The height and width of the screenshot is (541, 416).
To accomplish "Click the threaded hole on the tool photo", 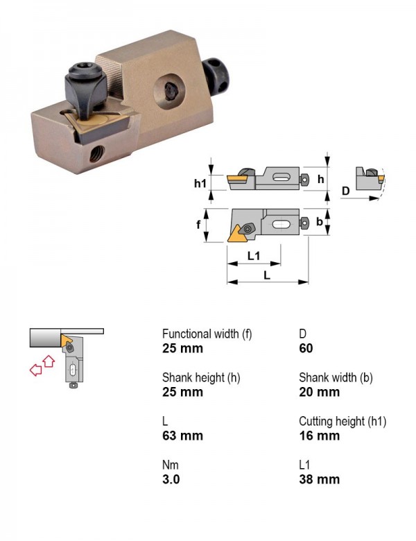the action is [x=98, y=153].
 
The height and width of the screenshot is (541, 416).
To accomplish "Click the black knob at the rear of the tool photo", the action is [x=217, y=76].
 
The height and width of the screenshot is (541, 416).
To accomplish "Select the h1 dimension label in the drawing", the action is [x=200, y=183].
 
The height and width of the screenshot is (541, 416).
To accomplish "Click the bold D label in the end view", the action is [x=345, y=191].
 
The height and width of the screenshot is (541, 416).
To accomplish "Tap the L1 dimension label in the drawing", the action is [x=254, y=256].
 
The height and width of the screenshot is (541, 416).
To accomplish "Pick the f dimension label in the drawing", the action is [x=198, y=225].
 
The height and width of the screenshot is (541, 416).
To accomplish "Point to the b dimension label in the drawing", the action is [x=320, y=221].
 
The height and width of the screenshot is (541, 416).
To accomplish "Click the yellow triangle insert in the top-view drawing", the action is [x=236, y=234].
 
